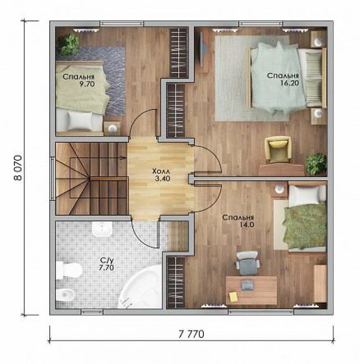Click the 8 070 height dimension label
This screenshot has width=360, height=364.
(18, 168)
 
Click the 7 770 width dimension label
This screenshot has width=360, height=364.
(192, 334)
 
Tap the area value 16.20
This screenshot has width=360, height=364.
(289, 83)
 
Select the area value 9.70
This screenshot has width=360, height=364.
(87, 84)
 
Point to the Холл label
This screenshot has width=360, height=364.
(161, 171)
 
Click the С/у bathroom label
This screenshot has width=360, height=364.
(106, 260)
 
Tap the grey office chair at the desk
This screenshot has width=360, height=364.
(248, 263)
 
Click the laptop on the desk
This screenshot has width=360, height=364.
(248, 285)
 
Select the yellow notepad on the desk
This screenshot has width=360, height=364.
(233, 296)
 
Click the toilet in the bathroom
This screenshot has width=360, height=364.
(69, 271)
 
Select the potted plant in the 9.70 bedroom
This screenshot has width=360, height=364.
(69, 43)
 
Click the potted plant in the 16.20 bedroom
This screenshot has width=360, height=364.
(316, 164)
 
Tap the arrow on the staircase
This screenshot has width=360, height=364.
(121, 158)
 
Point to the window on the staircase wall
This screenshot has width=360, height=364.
(53, 178)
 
